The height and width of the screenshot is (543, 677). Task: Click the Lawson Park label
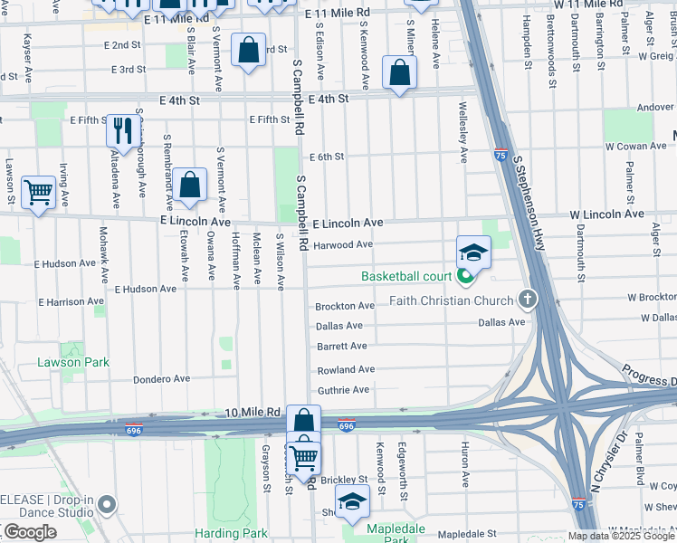tap(73, 362)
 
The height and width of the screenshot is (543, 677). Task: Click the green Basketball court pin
tap(467, 276)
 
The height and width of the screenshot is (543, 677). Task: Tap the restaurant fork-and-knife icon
tap(121, 130)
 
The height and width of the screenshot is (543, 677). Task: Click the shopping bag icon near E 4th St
tap(399, 72)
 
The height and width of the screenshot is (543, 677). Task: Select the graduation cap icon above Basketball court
tap(473, 252)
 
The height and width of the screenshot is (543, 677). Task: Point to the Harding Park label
tap(231, 533)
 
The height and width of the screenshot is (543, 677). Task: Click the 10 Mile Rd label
tap(253, 412)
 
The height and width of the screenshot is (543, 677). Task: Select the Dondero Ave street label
tap(162, 379)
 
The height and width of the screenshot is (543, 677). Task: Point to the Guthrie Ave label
tap(343, 390)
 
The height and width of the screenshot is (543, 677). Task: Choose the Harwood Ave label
tap(343, 244)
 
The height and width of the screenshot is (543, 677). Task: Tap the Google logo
tap(30, 532)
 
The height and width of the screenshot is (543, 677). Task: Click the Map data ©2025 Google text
tap(622, 536)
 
